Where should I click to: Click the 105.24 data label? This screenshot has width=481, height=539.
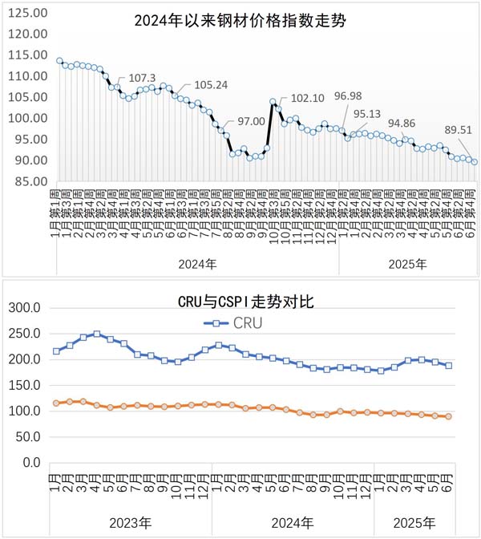tap(212, 85)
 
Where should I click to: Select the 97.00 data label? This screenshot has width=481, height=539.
tap(251, 121)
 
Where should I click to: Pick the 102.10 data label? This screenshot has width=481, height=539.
tap(307, 99)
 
